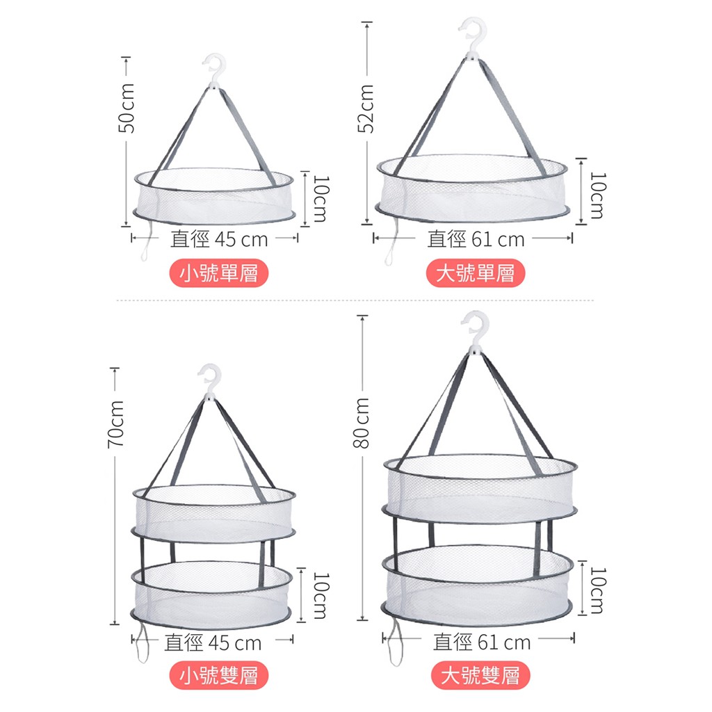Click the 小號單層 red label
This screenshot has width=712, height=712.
(x=219, y=273)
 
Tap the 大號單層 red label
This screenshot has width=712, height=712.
(x=476, y=273)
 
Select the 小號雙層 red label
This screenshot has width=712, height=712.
(x=219, y=675)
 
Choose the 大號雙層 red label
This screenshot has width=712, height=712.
(x=480, y=675)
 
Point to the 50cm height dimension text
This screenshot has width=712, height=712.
(x=127, y=108)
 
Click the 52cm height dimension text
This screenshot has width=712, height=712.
(x=366, y=109)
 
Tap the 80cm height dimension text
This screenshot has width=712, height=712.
(x=362, y=423)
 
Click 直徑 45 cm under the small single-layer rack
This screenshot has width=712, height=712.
(x=219, y=239)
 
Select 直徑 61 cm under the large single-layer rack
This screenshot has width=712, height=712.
(x=476, y=239)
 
